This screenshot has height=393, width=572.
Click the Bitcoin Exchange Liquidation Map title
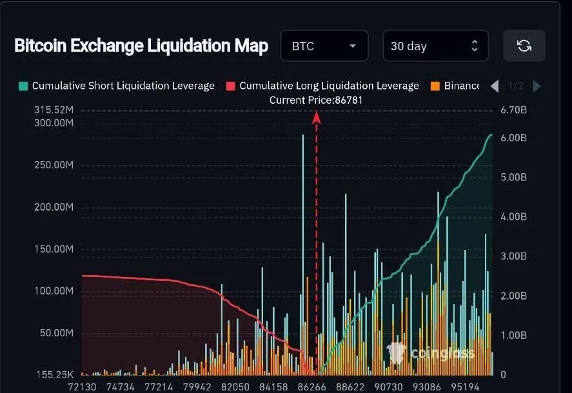point(141,46)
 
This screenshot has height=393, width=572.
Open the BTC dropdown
point(324,46)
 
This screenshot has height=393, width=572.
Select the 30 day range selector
point(435,46)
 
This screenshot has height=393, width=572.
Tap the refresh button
point(524,46)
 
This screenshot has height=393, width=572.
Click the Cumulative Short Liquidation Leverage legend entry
point(117,86)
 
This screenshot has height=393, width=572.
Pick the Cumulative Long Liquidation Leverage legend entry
point(322,86)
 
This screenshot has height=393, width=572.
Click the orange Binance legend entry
point(455,86)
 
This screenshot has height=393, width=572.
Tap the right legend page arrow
point(537,86)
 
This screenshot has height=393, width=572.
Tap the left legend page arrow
point(495,86)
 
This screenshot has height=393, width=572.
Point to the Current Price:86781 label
point(316,100)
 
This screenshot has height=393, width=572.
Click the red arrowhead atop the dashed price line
point(317,117)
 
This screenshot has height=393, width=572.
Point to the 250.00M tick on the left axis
point(54,165)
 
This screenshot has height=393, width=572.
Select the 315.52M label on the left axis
point(54,110)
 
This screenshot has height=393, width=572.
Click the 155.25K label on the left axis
point(54,374)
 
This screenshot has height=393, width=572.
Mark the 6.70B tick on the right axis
point(514,110)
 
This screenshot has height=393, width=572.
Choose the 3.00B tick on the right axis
point(514,256)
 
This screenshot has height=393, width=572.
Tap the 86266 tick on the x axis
point(311,387)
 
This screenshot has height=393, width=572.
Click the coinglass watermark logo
point(430,352)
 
